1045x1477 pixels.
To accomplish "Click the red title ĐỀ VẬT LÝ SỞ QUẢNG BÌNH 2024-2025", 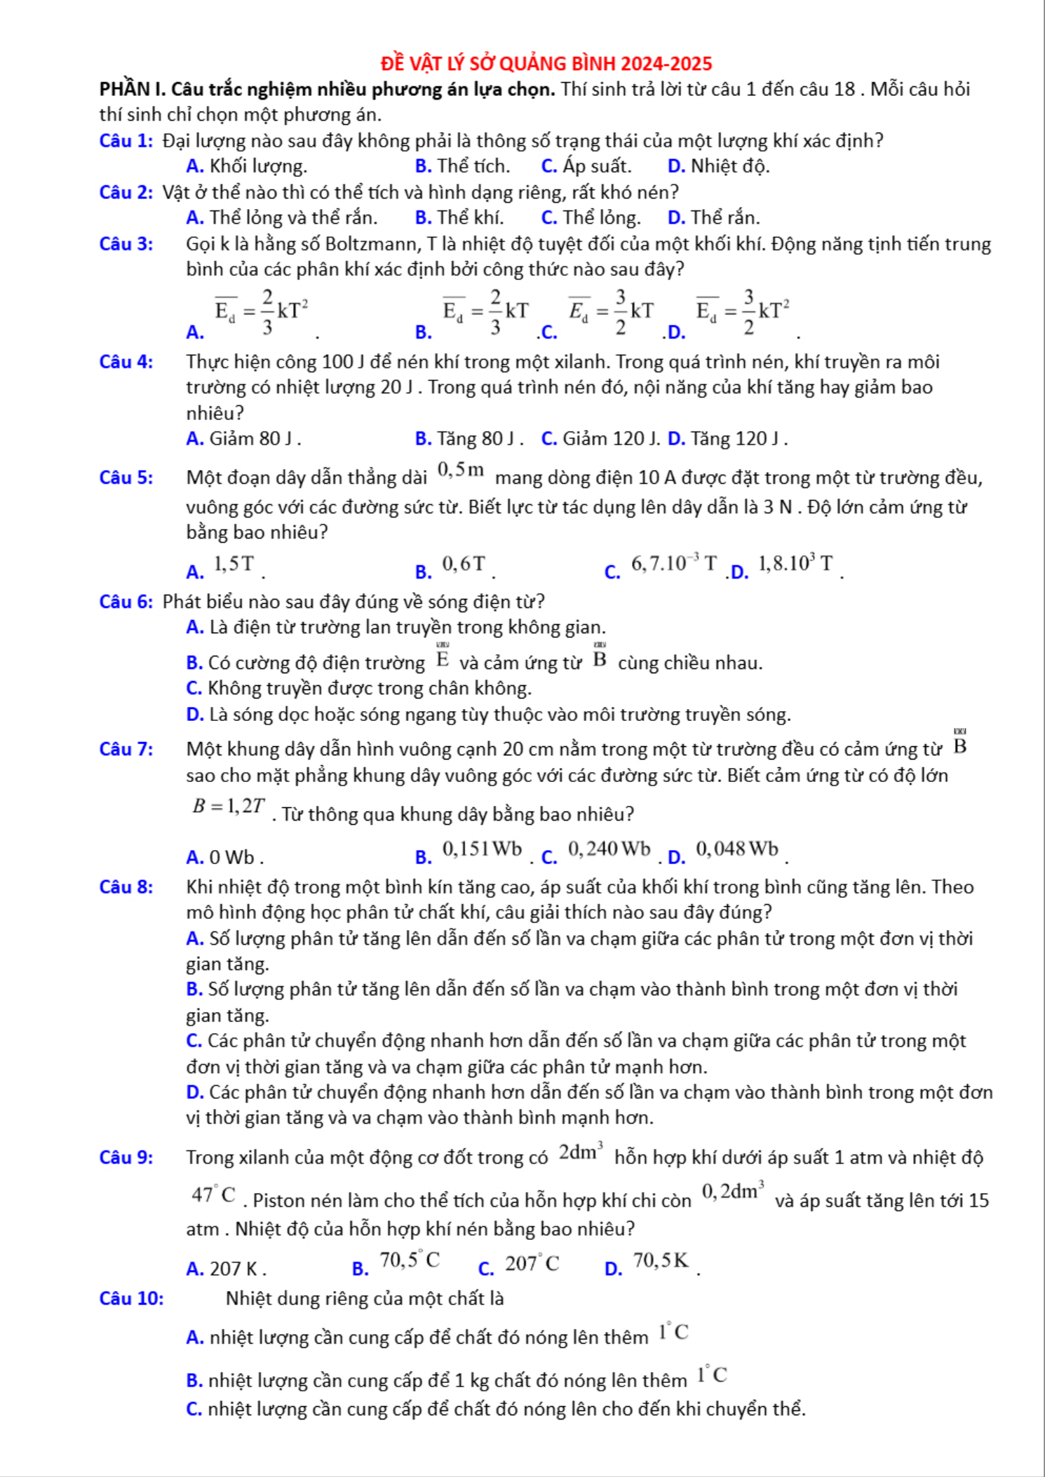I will click(546, 64).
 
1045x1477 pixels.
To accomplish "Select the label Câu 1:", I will click(126, 141).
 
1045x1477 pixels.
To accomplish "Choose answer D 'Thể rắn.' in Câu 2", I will click(714, 218).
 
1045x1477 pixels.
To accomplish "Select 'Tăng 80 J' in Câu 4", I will click(470, 439).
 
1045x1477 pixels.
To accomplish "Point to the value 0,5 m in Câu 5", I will click(461, 469).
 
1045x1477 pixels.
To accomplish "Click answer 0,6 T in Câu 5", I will click(463, 564).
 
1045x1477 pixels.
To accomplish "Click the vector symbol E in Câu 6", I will click(443, 659).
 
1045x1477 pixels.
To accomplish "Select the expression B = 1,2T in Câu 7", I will click(229, 807).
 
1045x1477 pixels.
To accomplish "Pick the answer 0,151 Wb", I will click(482, 849).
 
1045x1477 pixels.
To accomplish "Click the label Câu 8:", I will click(126, 887).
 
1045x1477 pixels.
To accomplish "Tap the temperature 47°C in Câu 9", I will click(214, 1194).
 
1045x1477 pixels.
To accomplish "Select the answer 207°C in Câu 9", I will click(532, 1264).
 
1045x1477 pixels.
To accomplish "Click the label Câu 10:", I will click(132, 1298).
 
